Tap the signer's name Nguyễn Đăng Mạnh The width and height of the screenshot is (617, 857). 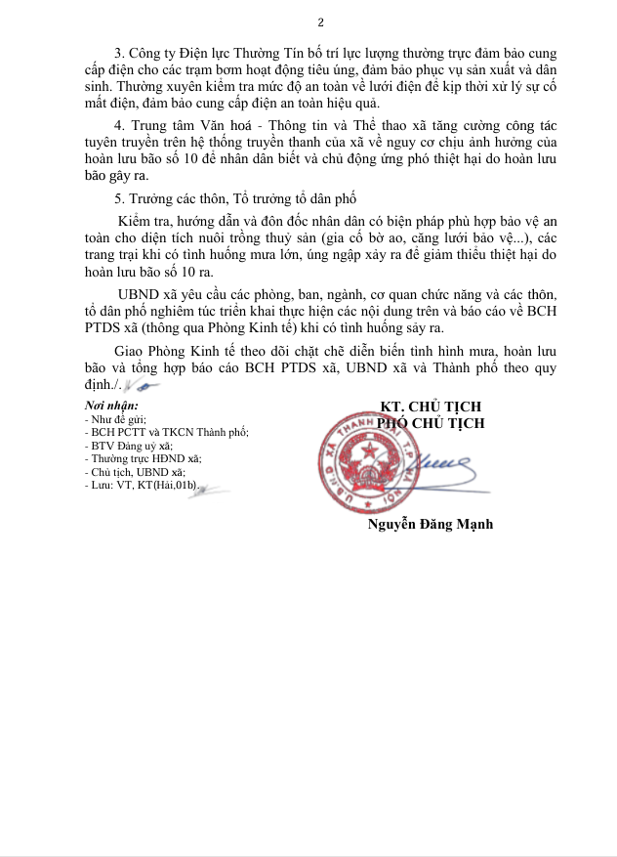pos(430,525)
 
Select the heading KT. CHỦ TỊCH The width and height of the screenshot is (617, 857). pos(431,407)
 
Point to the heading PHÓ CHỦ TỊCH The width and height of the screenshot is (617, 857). pos(431,423)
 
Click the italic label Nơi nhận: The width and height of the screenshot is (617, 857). pos(111,406)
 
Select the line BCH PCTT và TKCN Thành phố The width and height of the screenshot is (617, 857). pos(167,431)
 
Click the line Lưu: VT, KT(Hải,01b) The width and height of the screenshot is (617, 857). pos(143,485)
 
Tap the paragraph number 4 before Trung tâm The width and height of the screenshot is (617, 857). pos(118,126)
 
